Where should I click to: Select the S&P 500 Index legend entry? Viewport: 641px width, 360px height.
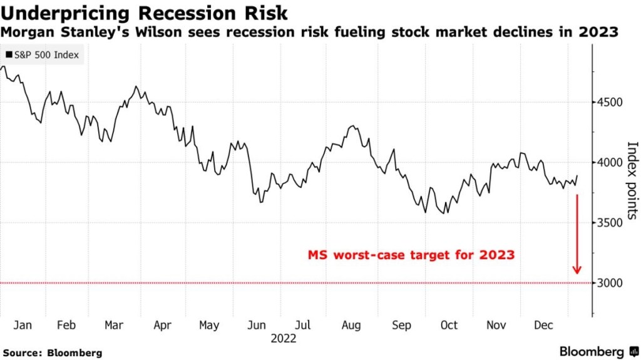(x=42, y=55)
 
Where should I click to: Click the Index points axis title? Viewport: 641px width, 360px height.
(x=632, y=180)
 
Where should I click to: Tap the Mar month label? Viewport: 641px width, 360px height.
(x=114, y=326)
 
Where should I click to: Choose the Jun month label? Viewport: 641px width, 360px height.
(x=257, y=326)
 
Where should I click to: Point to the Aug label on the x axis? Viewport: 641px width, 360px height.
(x=352, y=326)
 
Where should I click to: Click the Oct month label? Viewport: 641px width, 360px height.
(x=449, y=326)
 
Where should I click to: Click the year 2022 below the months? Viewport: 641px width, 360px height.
(x=283, y=339)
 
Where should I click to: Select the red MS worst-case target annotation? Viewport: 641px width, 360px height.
(x=411, y=255)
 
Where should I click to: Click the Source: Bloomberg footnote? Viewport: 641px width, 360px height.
(x=52, y=353)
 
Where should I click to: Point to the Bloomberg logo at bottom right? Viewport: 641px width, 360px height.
(x=598, y=352)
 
